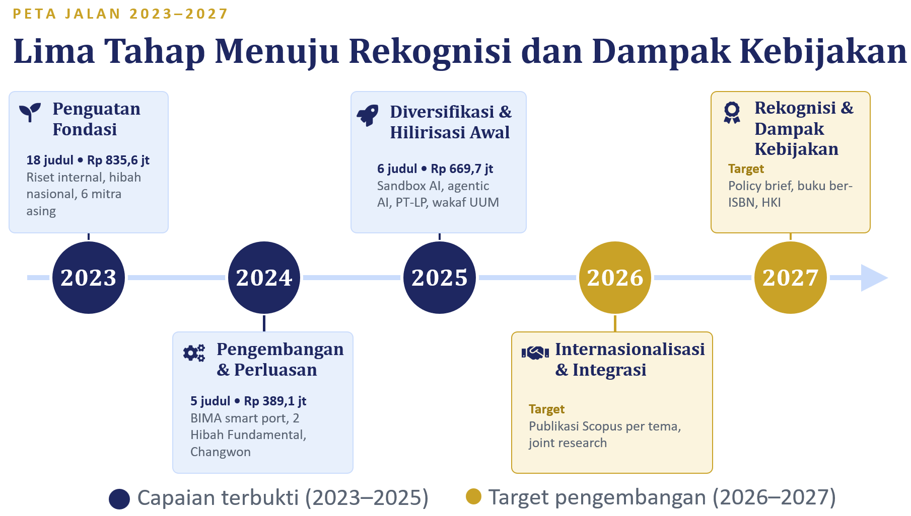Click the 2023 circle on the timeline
[x=89, y=278]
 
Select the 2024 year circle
[x=264, y=278]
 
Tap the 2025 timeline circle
[x=440, y=278]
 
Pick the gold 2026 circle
[x=615, y=278]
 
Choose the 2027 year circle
[x=791, y=278]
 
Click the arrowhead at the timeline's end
[x=873, y=278]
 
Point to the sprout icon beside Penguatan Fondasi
[x=30, y=112]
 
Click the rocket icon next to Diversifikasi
[x=368, y=115]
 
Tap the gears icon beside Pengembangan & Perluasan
[x=194, y=353]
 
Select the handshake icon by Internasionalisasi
[x=535, y=353]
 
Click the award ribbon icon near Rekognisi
[x=732, y=112]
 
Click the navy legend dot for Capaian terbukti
[x=119, y=499]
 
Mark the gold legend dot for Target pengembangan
[x=473, y=496]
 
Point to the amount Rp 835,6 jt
[x=118, y=160]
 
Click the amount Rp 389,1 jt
[x=275, y=401]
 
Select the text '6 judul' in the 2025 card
[x=397, y=169]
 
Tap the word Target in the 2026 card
[x=546, y=409]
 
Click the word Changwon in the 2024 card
[x=221, y=452]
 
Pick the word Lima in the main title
[x=54, y=51]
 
